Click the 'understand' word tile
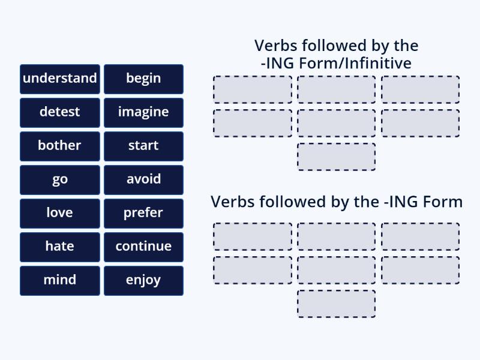click(x=59, y=79)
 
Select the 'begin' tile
click(x=143, y=79)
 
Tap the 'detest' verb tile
click(x=59, y=112)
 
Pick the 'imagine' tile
click(x=143, y=112)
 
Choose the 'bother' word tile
click(x=59, y=146)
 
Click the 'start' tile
click(x=143, y=146)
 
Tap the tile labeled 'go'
click(x=59, y=179)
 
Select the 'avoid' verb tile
click(x=143, y=179)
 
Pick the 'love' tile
click(x=59, y=213)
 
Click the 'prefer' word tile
click(x=143, y=213)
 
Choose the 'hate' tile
click(x=59, y=247)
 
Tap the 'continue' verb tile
click(x=143, y=247)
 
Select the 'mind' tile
click(x=59, y=280)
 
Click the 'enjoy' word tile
click(x=143, y=280)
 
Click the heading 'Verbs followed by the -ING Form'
click(x=337, y=202)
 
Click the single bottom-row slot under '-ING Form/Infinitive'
click(x=337, y=157)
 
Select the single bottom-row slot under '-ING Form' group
click(x=337, y=304)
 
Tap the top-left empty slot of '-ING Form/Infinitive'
click(x=253, y=89)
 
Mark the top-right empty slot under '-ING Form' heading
click(x=421, y=237)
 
